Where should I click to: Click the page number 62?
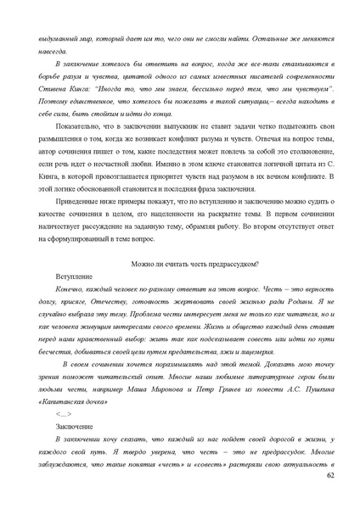330,477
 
